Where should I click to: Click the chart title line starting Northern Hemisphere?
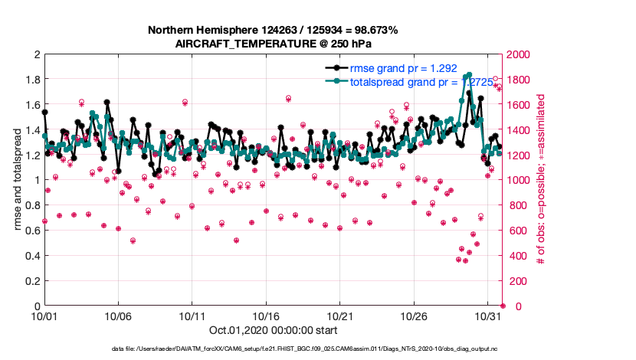click(272, 30)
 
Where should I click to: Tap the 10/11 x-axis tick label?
click(192, 316)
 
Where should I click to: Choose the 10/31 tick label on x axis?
click(488, 316)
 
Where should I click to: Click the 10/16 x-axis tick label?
click(266, 316)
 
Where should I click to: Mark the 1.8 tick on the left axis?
click(33, 80)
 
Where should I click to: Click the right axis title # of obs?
click(540, 180)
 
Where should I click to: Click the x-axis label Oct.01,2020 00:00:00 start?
click(261, 331)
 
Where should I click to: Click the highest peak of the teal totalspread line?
click(469, 74)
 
